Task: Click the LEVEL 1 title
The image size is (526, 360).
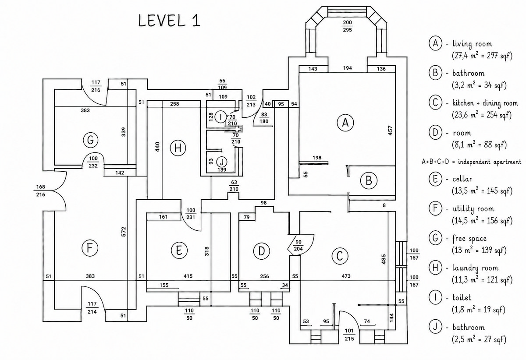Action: pos(169,21)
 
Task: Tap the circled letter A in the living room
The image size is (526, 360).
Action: pos(345,123)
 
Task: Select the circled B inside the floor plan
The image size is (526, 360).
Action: pos(369,181)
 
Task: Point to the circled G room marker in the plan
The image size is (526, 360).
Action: pos(90,140)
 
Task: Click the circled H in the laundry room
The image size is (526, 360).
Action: pos(178,148)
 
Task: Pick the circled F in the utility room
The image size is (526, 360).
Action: pos(89,248)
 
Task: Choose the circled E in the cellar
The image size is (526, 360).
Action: pos(179,251)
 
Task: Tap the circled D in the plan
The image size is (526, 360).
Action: pos(261,251)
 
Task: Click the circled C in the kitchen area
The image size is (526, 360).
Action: pos(339,256)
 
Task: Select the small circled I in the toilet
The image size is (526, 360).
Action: pos(220,117)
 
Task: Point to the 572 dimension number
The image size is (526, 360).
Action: pos(124,231)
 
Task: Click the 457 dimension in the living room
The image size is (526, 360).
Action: pos(390,131)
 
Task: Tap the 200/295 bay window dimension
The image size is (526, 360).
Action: pos(347,26)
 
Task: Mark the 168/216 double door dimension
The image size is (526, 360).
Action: pos(40,191)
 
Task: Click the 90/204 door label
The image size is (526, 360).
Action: pos(298,245)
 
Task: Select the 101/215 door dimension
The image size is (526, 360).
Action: pos(349,335)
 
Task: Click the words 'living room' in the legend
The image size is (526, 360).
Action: pos(472,44)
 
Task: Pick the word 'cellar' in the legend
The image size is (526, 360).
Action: pos(462,179)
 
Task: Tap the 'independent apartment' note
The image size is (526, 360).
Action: pos(490,162)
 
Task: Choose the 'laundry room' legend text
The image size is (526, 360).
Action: pos(475,268)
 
